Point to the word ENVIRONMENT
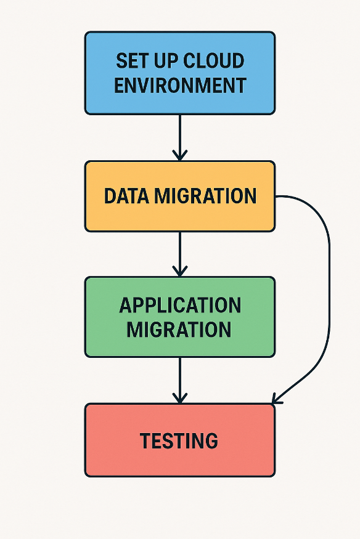point(180,84)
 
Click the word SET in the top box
point(130,61)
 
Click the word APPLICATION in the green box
point(180,306)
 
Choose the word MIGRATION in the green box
point(179,329)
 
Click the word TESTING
point(179,441)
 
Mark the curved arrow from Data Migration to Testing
point(328,296)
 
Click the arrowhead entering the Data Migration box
point(179,155)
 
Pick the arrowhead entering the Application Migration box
point(179,271)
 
